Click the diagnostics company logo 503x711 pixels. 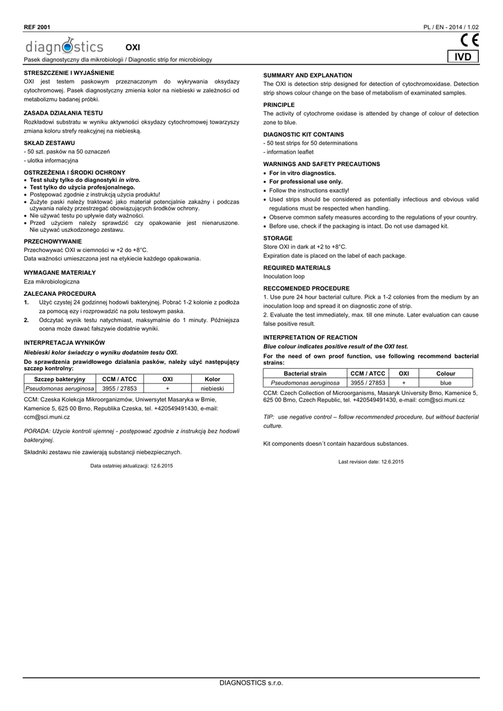pos(64,47)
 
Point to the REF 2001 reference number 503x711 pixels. pos(37,26)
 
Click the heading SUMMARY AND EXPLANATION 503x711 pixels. pos(308,75)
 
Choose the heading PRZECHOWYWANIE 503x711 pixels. pos(53,241)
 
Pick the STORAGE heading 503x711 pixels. pos(278,237)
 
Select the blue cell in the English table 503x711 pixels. pos(445,383)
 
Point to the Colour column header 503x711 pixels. pos(445,374)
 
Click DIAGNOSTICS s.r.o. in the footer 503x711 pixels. pos(251,684)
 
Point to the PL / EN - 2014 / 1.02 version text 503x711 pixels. pos(451,26)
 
